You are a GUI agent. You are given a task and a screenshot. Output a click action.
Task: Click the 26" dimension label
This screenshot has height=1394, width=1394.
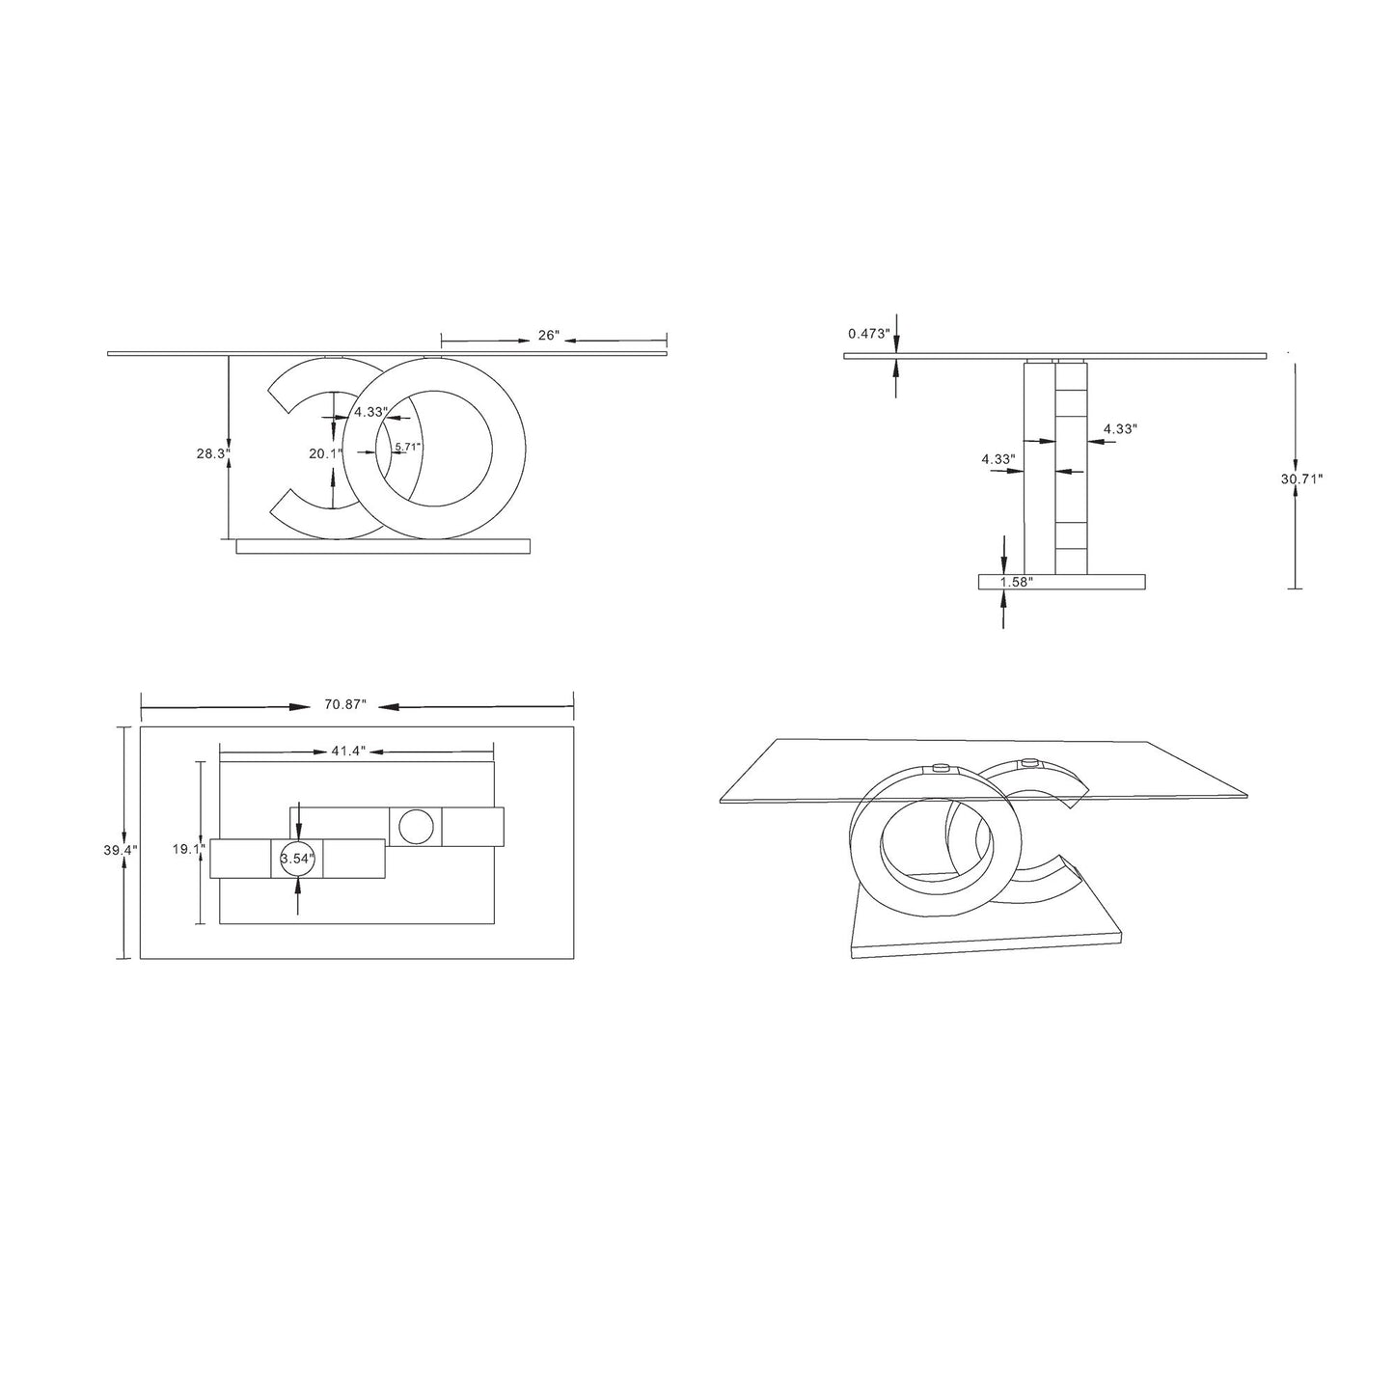tap(549, 336)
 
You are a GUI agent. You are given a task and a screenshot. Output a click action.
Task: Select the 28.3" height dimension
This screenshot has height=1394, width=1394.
tap(211, 452)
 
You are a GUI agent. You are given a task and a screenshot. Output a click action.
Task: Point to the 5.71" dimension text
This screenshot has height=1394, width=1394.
tap(407, 447)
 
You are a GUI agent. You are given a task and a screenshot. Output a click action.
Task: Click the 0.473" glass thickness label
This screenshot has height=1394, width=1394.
tap(868, 334)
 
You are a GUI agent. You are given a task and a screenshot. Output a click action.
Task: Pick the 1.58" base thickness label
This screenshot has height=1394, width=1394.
tap(1017, 582)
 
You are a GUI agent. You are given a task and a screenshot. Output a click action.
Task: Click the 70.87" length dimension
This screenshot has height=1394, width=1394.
tap(345, 705)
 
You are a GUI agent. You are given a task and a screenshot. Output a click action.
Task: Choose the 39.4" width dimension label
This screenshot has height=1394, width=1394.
tap(122, 850)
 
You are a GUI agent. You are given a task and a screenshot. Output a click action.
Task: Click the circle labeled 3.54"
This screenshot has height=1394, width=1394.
tap(297, 859)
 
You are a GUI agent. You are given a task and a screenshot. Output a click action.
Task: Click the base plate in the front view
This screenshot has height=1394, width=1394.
tap(383, 546)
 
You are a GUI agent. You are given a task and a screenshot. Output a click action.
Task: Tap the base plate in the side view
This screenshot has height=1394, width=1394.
tap(1061, 582)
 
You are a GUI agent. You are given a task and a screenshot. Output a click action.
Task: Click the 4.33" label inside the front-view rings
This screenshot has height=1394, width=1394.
tap(370, 412)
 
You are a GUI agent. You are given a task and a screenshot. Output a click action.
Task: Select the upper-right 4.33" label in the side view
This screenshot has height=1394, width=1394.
tap(1121, 428)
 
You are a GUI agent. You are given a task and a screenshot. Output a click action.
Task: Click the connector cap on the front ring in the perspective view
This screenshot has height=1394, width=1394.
tap(941, 769)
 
